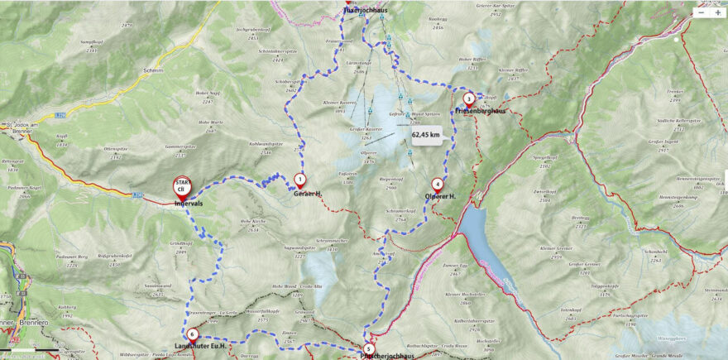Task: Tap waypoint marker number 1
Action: (299, 178)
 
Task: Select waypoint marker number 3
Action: (469, 98)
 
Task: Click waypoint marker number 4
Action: (437, 184)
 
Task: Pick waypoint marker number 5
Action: (368, 348)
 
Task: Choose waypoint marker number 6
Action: (192, 334)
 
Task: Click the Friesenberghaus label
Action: (480, 110)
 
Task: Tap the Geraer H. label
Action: (307, 194)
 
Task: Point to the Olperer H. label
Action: (442, 196)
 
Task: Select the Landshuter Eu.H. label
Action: (202, 346)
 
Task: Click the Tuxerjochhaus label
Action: (365, 10)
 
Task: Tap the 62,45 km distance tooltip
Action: (425, 134)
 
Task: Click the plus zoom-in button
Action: (717, 12)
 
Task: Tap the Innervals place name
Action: (189, 204)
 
